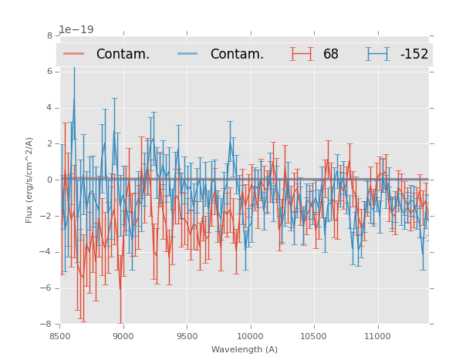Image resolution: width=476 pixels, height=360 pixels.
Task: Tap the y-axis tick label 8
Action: pyautogui.click(x=49, y=35)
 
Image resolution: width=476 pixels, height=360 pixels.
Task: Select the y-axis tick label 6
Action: pyautogui.click(x=49, y=72)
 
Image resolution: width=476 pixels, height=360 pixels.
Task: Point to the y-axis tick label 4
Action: pyautogui.click(x=49, y=108)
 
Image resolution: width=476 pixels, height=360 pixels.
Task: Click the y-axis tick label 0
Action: pyautogui.click(x=49, y=180)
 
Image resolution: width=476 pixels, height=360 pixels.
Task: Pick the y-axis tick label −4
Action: pyautogui.click(x=47, y=252)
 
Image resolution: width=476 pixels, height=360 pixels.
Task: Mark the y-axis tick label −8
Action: pyautogui.click(x=47, y=325)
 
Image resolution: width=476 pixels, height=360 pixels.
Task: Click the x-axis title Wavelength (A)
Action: pyautogui.click(x=245, y=349)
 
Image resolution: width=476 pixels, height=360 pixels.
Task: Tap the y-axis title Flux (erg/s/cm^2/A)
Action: pyautogui.click(x=29, y=180)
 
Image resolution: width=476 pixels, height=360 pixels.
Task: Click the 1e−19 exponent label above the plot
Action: pyautogui.click(x=76, y=29)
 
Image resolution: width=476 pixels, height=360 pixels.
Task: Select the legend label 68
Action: pyautogui.click(x=331, y=54)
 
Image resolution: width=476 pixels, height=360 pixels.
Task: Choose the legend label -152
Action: pyautogui.click(x=414, y=54)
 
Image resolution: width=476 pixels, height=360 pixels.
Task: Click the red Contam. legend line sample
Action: pyautogui.click(x=74, y=54)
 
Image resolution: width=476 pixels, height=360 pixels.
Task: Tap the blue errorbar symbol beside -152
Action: pyautogui.click(x=377, y=54)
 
